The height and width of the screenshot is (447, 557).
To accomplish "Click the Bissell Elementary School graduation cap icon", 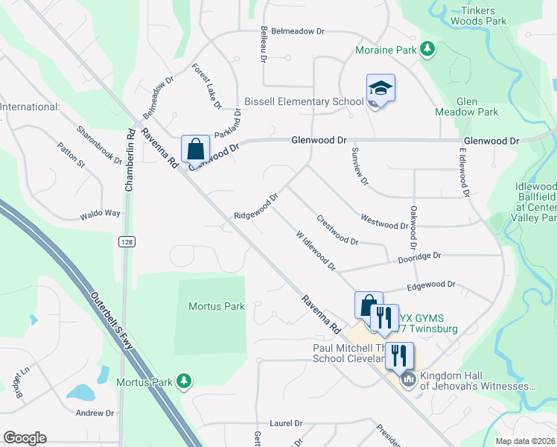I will (x=381, y=89).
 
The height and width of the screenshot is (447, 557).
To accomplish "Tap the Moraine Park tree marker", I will (x=427, y=50).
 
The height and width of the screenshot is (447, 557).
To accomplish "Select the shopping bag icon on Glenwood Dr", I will (x=195, y=148).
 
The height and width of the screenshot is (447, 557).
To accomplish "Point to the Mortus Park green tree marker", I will (x=182, y=382).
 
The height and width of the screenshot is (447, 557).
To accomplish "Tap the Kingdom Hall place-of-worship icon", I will (x=407, y=381).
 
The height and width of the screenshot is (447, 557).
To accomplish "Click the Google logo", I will (x=25, y=438).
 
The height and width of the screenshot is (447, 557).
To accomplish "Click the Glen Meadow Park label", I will (x=477, y=107).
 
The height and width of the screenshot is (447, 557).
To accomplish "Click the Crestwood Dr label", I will (x=338, y=230).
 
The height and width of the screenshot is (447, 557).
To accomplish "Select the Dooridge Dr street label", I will (x=418, y=255).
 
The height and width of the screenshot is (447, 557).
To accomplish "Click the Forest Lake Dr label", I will (x=206, y=86).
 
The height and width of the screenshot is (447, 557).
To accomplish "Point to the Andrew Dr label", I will (x=95, y=413).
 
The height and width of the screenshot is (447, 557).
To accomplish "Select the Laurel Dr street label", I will (x=286, y=423).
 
